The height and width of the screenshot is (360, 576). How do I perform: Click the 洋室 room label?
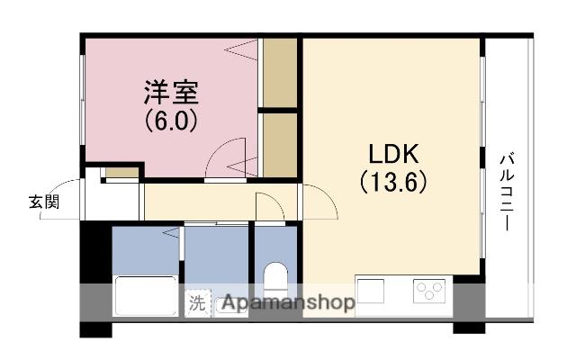coord(171,93)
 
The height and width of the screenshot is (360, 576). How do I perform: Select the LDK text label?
coord(393,154)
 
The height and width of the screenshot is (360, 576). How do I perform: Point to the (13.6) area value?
coord(393,182)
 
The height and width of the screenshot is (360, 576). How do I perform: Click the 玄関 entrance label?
coord(44,202)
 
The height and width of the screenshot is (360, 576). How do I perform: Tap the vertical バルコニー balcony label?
coord(507,193)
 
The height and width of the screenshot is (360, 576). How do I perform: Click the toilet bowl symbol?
coord(275,277)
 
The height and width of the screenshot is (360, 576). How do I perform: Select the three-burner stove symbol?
coord(429,291)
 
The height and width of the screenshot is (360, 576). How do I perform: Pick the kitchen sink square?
coord(371,291)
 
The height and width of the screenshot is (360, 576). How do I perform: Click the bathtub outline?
coord(146,296)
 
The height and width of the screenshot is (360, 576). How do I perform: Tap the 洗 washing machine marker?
coord(198,303)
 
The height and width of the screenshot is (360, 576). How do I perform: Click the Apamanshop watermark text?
coord(288,302)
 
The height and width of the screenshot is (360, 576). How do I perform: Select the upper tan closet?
coord(280,73)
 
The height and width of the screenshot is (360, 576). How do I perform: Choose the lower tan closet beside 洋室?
coord(280,145)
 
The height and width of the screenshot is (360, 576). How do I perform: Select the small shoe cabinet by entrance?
coord(122,172)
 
